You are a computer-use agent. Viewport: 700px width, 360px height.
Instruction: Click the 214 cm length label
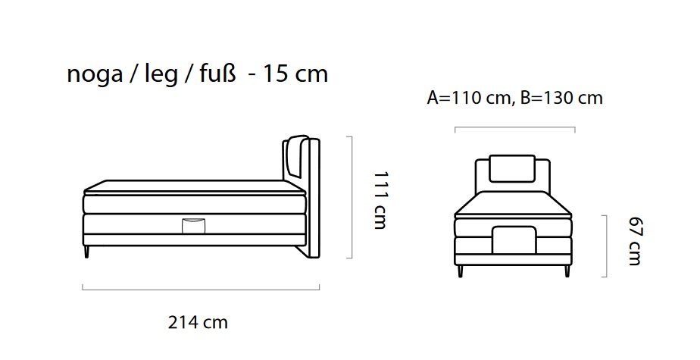(x=197, y=322)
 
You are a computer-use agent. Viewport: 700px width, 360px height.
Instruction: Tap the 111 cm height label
(x=380, y=199)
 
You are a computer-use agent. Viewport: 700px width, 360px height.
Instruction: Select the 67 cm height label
(x=635, y=241)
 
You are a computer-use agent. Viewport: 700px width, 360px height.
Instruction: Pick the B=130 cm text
(x=562, y=99)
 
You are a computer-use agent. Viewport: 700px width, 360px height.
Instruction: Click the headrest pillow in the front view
(x=512, y=168)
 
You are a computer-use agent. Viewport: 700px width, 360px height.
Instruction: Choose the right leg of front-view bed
(x=565, y=270)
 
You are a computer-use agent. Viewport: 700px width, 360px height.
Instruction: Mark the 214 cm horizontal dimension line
(x=201, y=289)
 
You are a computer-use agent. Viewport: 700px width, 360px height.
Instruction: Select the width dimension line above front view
(x=514, y=128)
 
